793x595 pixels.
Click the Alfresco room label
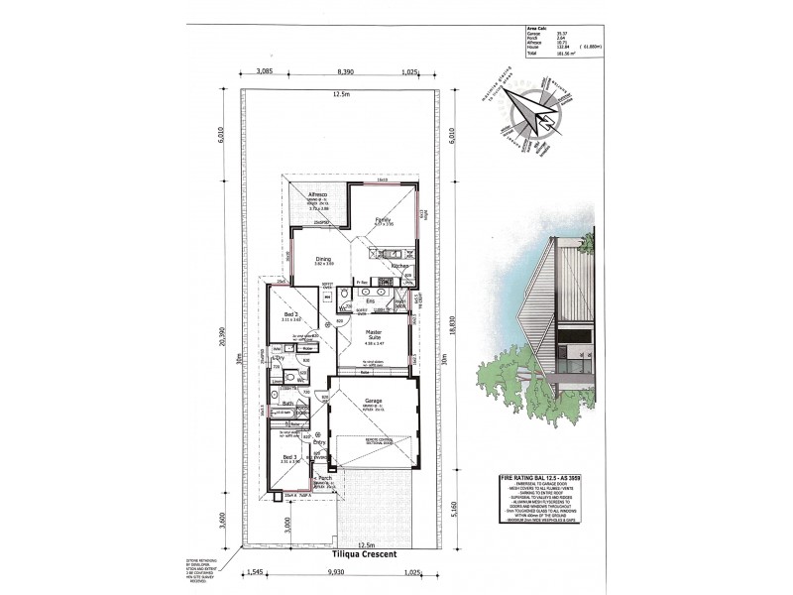click(318, 195)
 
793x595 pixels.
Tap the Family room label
click(382, 219)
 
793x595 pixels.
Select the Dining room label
click(323, 260)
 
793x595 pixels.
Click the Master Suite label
click(374, 333)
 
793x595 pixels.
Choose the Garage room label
click(374, 402)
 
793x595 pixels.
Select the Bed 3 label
click(290, 455)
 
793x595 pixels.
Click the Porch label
click(325, 477)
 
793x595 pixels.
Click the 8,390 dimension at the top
click(347, 72)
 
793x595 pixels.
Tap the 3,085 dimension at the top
click(265, 72)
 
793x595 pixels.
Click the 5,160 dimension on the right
click(455, 516)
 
